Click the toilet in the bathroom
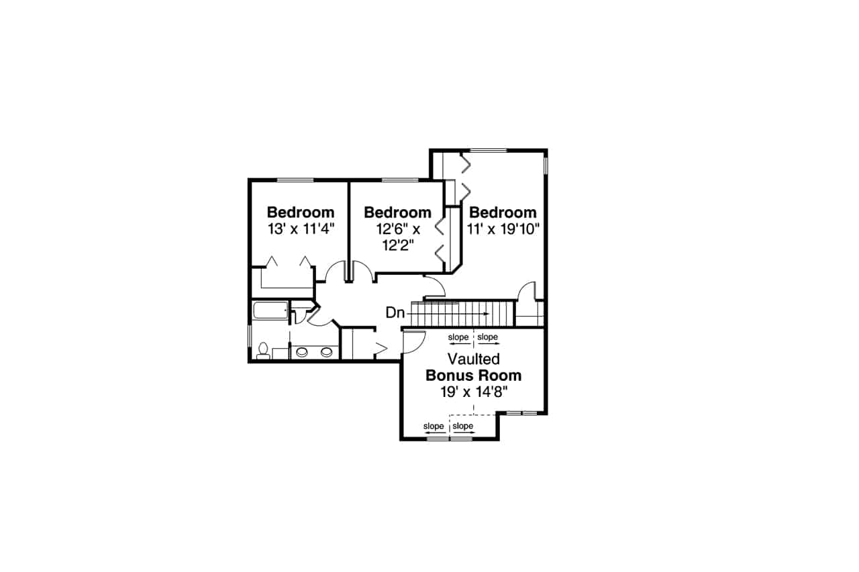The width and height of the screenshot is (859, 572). pos(263,350)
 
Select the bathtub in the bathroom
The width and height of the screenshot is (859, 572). pos(270,310)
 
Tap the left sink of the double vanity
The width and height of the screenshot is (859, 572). pos(302,351)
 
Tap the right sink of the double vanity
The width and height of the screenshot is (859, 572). pos(327,351)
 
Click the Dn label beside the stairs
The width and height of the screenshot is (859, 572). pos(395,312)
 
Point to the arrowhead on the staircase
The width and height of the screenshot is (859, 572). pos(486,312)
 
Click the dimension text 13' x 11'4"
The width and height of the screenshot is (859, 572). pos(300,228)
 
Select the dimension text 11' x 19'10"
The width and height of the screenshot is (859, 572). pos(503,228)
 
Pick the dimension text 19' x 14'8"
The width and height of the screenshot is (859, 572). pos(474,392)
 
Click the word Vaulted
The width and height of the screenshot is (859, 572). pos(474,359)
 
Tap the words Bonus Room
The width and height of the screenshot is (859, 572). pos(474,376)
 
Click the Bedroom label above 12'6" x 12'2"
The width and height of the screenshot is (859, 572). pos(397,213)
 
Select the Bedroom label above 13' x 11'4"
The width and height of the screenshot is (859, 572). pos(300,213)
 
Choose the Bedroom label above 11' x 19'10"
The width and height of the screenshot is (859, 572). pos(503,213)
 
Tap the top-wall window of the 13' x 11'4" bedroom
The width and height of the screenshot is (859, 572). pos(295,180)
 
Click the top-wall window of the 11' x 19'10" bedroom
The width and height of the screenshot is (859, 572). pos(488,150)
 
